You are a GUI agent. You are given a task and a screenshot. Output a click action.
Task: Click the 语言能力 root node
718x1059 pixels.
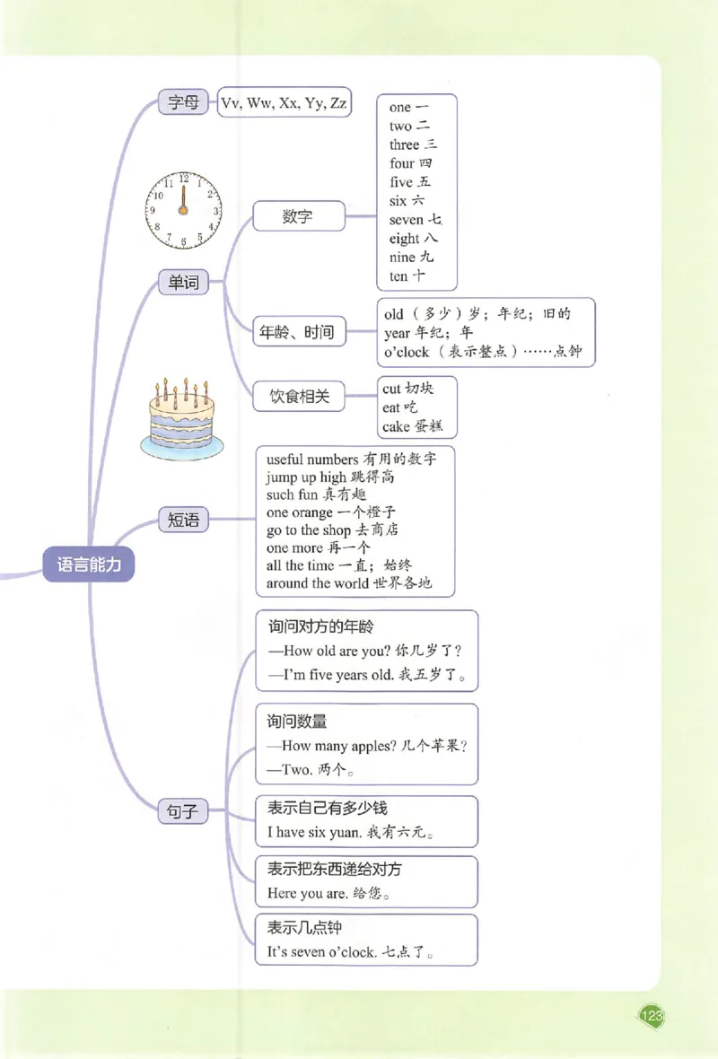[89, 565]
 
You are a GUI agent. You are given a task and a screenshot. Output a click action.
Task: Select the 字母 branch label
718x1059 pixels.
[182, 102]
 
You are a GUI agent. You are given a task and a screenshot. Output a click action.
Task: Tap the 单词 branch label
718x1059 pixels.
[182, 283]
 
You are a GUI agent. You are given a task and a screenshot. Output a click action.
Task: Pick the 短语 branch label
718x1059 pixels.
[182, 520]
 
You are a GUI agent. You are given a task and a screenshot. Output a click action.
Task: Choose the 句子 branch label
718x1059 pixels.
[182, 811]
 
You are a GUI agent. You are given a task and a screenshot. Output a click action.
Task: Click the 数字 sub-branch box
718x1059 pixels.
[297, 216]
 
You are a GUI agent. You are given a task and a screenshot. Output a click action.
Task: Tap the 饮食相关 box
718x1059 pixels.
[300, 396]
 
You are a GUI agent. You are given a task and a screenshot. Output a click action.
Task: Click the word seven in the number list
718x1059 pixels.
[407, 220]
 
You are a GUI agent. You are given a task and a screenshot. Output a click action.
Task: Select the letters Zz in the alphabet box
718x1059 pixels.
[337, 103]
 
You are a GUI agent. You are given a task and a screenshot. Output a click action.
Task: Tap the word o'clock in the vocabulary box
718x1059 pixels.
[407, 352]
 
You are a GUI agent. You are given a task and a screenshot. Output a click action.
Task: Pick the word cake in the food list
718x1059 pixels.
[396, 426]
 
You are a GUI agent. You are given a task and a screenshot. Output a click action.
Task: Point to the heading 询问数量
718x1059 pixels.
[296, 721]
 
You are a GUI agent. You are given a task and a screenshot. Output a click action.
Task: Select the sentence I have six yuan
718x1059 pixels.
[315, 832]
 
